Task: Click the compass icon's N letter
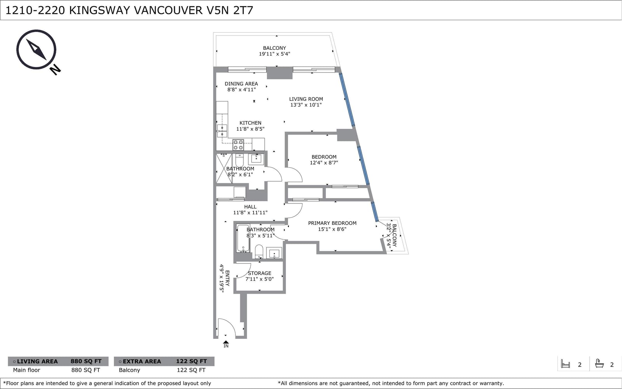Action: (x=55, y=70)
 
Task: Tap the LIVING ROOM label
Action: (x=306, y=99)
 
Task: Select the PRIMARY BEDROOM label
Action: (x=332, y=223)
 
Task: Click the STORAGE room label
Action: (x=260, y=273)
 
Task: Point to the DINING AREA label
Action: (x=241, y=84)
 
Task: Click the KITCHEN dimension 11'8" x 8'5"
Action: (x=250, y=129)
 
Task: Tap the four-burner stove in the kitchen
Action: (x=238, y=145)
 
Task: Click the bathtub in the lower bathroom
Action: (x=243, y=238)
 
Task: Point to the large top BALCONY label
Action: (x=274, y=48)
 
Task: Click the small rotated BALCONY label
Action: (x=394, y=235)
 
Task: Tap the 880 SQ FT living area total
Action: (x=86, y=361)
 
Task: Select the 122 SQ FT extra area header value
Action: (x=191, y=361)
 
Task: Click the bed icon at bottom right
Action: (x=565, y=364)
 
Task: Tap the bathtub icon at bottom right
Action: (x=599, y=364)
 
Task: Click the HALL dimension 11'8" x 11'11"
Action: (x=250, y=212)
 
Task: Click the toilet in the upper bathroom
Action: (x=239, y=160)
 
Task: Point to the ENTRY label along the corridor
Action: (x=227, y=278)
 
